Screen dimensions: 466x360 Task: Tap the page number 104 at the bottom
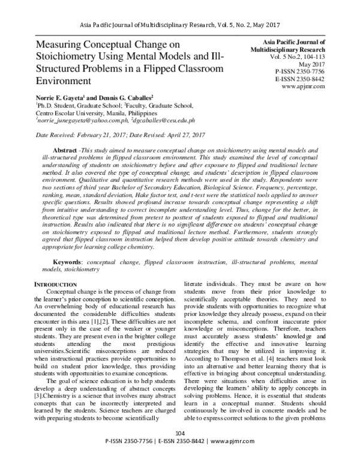pos(179,449)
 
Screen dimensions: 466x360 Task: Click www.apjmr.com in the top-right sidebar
pos(303,86)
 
